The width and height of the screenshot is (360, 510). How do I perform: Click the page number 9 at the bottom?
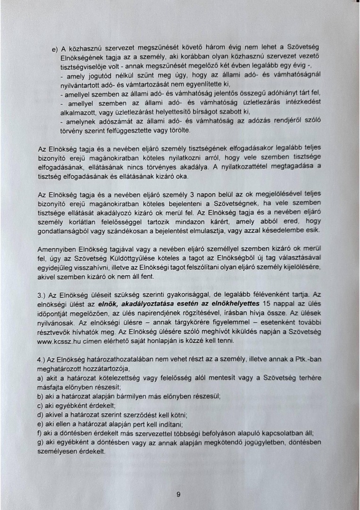(x=179, y=494)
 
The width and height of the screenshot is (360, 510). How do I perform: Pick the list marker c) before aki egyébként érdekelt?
(x=41, y=406)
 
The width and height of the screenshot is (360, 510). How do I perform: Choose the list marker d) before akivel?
(x=41, y=415)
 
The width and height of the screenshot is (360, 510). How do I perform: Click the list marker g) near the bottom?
(x=41, y=442)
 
